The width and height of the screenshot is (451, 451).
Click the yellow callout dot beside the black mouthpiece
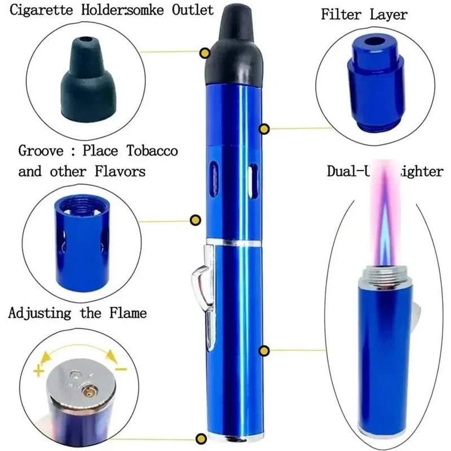(x=206, y=53)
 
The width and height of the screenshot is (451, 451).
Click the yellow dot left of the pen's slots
(x=196, y=220)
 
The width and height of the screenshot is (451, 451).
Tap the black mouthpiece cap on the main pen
(x=236, y=51)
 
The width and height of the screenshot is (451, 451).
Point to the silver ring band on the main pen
(x=233, y=244)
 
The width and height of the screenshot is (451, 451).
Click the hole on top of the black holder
(x=85, y=42)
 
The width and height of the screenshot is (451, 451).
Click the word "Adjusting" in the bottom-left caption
(x=39, y=313)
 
